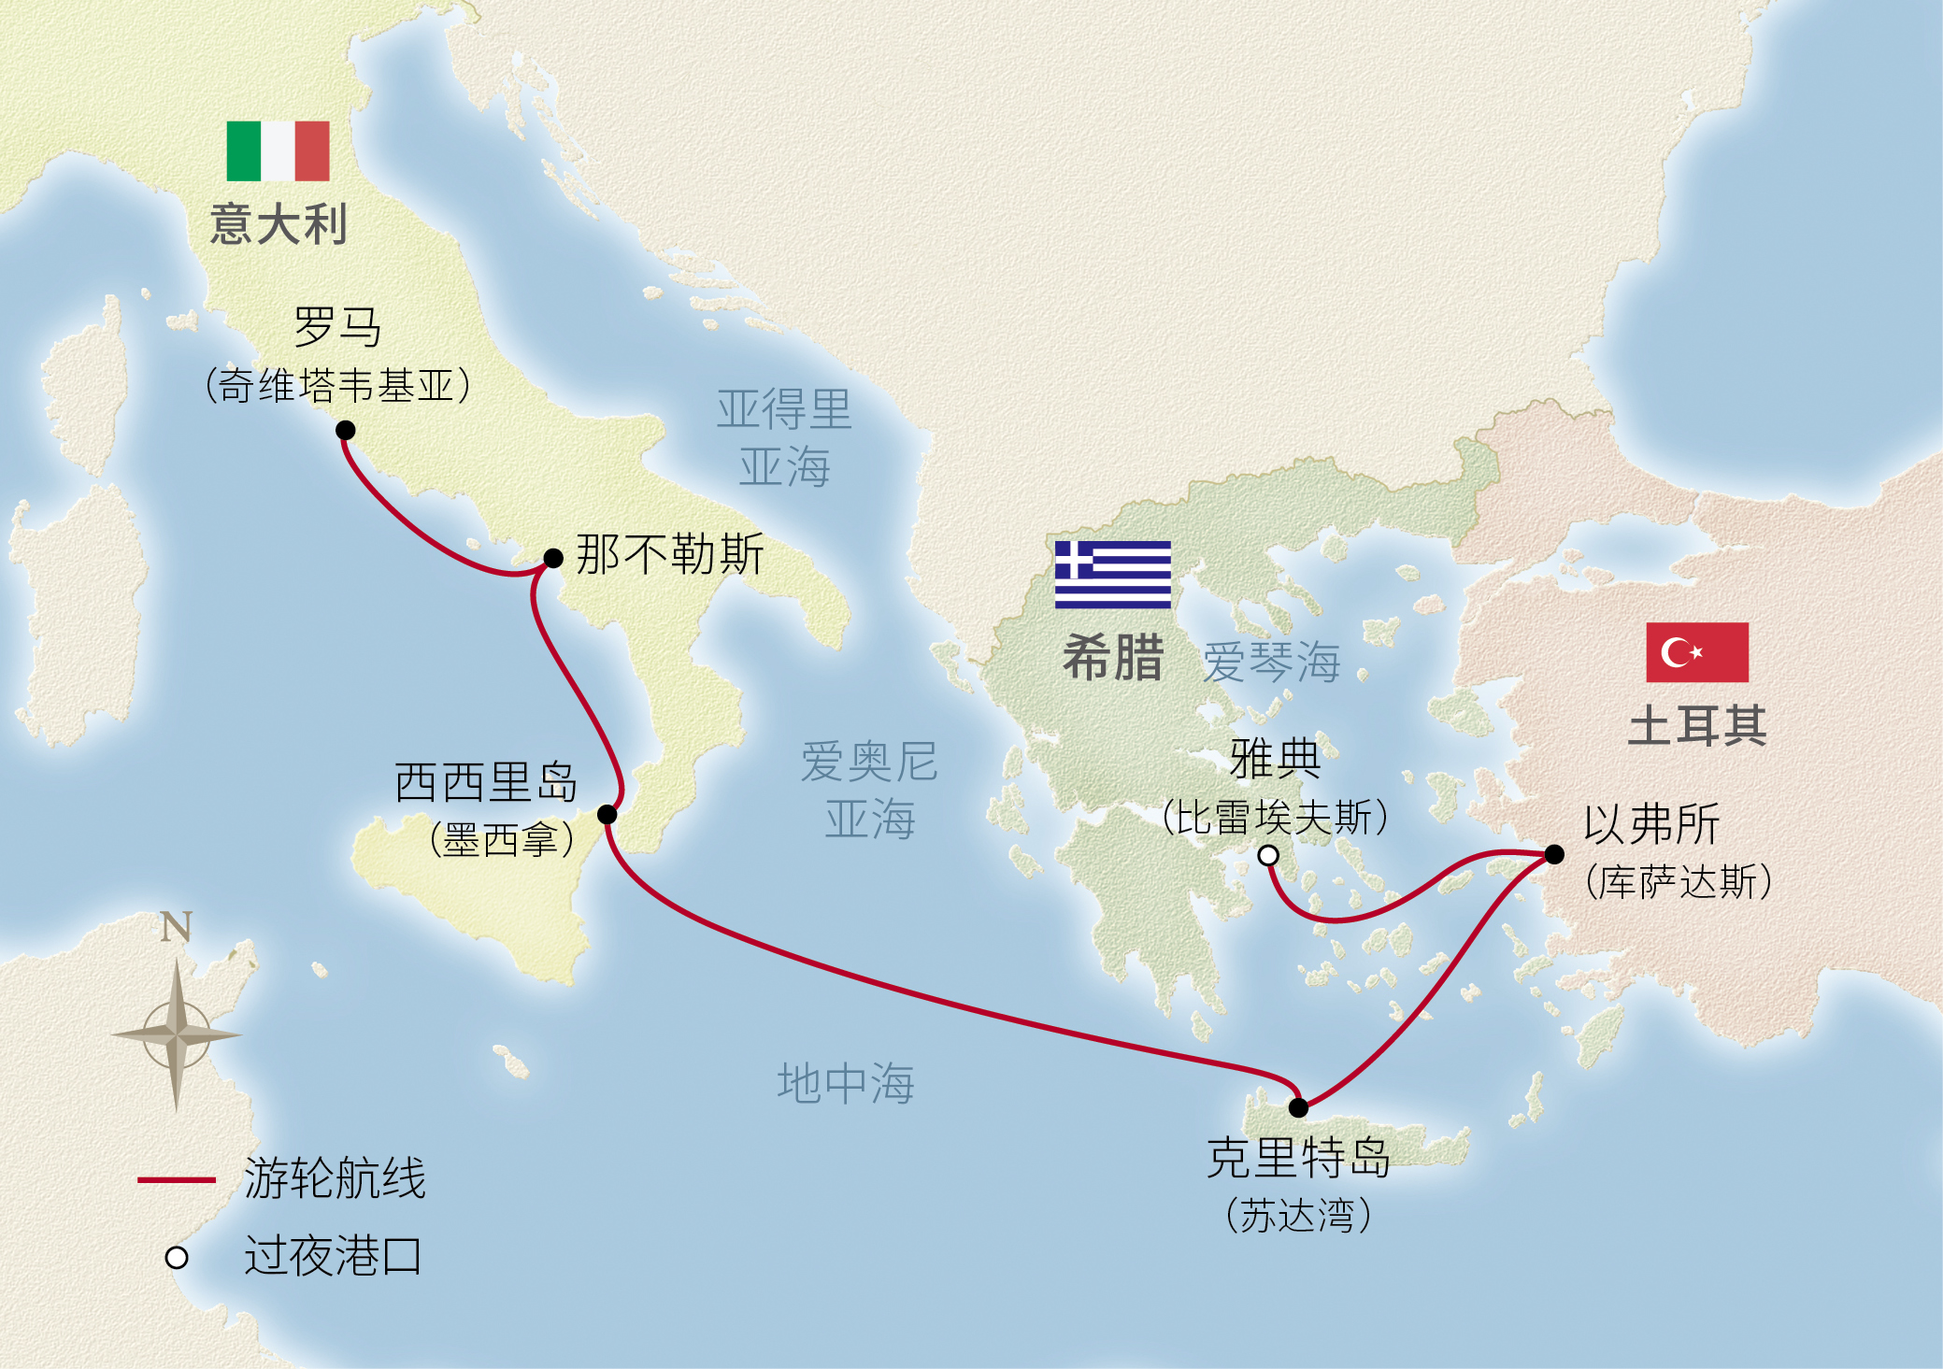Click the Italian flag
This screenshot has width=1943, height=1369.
[278, 150]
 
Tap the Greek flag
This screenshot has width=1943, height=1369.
[1112, 574]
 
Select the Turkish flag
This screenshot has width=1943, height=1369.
[1696, 652]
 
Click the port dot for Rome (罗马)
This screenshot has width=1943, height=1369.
[345, 430]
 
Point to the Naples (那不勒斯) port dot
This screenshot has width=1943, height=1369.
[553, 558]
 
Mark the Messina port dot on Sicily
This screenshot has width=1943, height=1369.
[607, 814]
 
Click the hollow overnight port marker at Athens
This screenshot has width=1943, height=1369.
[1268, 855]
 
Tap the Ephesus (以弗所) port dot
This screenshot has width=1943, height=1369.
[1554, 854]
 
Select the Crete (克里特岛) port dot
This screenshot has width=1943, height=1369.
[1298, 1107]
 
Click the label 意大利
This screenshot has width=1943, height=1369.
[279, 224]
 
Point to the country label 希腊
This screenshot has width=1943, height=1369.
[1112, 657]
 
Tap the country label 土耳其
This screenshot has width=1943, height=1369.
[1696, 725]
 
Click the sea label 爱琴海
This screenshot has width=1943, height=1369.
[1271, 662]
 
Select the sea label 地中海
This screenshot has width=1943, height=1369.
[846, 1083]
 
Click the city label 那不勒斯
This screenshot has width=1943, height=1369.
[670, 554]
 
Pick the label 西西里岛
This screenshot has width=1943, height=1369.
[486, 782]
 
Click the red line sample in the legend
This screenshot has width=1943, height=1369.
[177, 1180]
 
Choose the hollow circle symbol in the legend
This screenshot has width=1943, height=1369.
[177, 1258]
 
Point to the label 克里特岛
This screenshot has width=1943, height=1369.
[1298, 1159]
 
